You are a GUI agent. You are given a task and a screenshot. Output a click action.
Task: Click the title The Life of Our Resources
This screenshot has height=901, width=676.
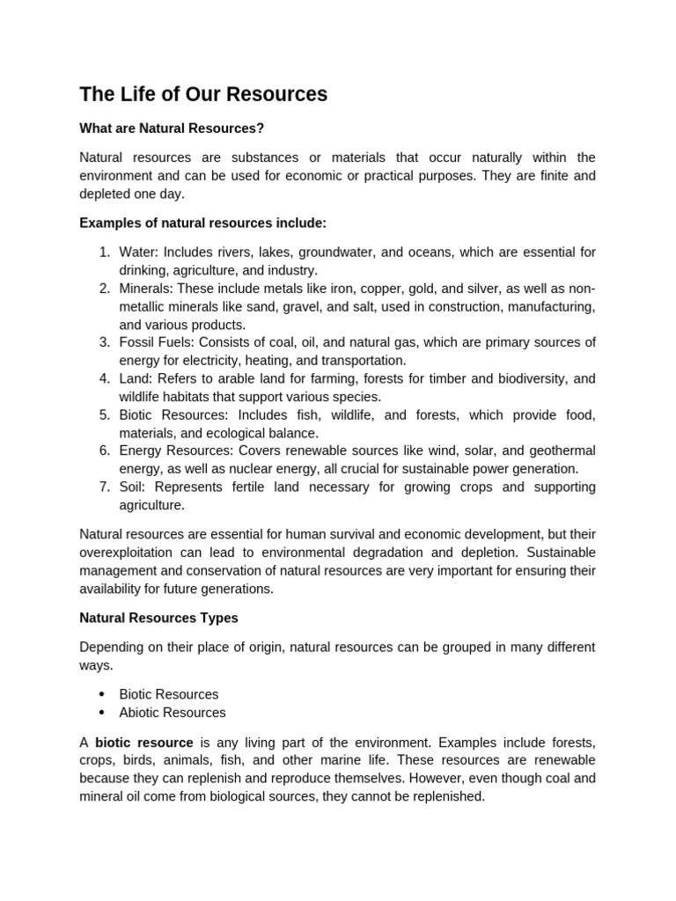click(203, 94)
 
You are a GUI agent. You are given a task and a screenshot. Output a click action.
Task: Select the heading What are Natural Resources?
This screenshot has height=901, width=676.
click(172, 128)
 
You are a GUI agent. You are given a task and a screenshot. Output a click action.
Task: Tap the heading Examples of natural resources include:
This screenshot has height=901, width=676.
click(202, 223)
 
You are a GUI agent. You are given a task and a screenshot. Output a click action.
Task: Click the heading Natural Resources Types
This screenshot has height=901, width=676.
click(158, 618)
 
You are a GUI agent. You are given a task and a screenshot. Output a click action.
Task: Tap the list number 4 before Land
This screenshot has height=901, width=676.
click(104, 378)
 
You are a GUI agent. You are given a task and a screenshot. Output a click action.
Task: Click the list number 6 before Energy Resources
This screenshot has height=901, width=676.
click(104, 450)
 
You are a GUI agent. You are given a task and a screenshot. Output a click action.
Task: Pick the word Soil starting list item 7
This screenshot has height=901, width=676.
click(133, 487)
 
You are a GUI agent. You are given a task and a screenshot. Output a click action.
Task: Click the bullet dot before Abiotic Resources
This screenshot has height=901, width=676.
click(102, 713)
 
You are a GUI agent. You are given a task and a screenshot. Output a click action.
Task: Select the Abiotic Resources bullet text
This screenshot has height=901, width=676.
click(173, 713)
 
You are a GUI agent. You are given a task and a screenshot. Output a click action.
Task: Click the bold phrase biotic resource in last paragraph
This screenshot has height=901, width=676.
click(144, 743)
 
